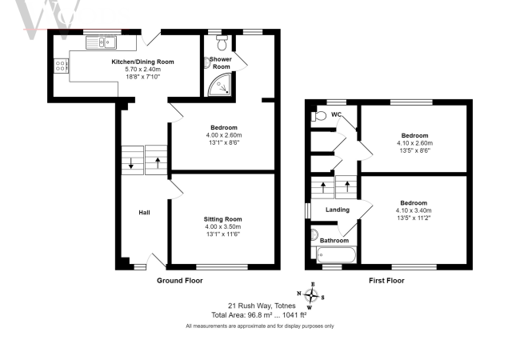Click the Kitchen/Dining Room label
coord(142,62)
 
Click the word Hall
coord(145,213)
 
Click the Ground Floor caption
coord(180,281)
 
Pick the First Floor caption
coord(386,281)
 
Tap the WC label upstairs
coord(338,115)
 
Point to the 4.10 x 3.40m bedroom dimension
coord(414,210)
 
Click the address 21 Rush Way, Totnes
coord(261,306)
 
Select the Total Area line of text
coord(260,315)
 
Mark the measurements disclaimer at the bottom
coord(260,326)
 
